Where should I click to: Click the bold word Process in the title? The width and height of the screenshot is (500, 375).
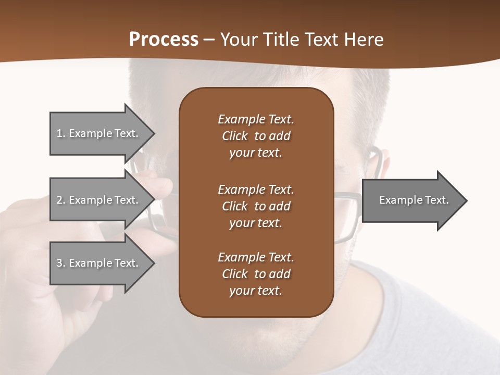164,40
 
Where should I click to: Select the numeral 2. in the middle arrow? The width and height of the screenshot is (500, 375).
60,200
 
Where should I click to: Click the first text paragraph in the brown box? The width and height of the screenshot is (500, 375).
256,136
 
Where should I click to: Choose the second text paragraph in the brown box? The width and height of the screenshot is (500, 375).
256,206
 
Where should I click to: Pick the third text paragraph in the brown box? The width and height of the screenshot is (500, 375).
256,274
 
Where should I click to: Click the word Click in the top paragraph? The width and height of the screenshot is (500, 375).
235,136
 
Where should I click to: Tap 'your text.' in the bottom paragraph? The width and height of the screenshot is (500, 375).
256,291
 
